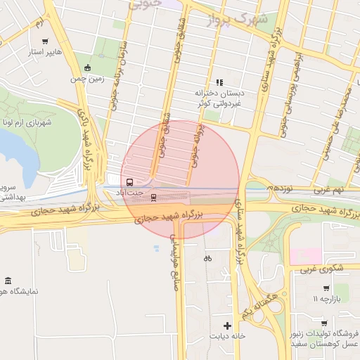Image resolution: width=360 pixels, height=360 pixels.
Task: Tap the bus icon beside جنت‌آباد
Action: pos(129,181)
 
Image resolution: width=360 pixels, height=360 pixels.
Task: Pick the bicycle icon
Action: pos(207,258)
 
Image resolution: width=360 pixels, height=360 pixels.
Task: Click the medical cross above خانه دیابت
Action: pos(226,326)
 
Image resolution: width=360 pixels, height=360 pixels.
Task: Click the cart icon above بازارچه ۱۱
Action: pos(326,288)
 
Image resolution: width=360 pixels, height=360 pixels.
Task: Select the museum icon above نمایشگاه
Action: pos(8,281)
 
